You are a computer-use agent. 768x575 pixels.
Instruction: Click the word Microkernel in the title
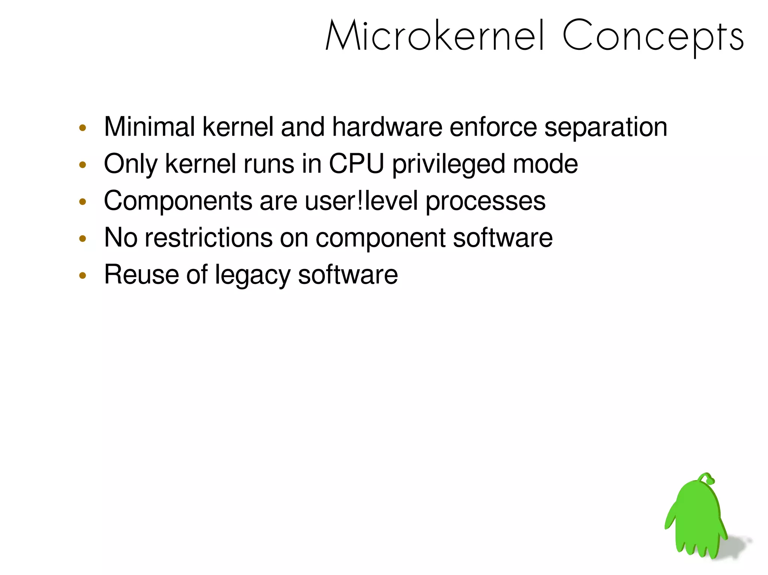tap(435, 36)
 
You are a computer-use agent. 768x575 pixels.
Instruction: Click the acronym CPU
tap(356, 164)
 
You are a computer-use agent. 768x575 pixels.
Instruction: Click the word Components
tap(178, 202)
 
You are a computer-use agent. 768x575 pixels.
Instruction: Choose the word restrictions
tap(208, 237)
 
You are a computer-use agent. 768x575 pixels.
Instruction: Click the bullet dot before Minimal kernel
tap(83, 128)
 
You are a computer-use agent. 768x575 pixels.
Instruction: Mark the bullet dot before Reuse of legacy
tap(83, 276)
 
